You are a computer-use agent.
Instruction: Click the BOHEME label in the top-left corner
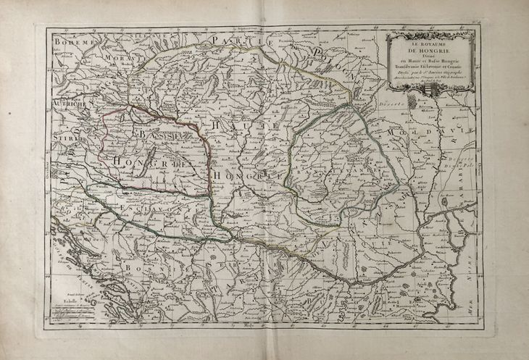click(x=73, y=43)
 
